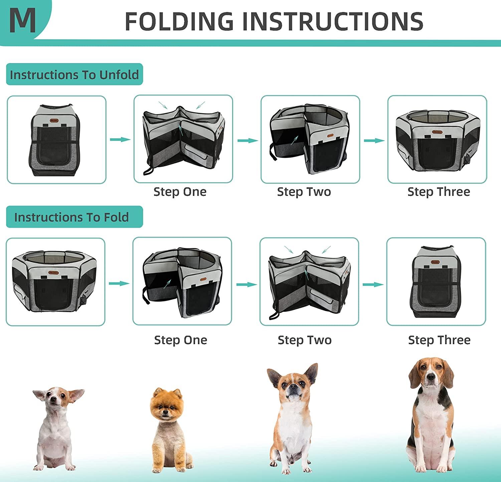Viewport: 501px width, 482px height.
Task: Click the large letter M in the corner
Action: [x=22, y=20]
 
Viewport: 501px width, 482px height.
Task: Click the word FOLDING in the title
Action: [x=179, y=21]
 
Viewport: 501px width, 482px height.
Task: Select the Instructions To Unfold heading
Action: [x=74, y=74]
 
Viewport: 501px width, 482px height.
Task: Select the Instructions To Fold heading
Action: [x=71, y=217]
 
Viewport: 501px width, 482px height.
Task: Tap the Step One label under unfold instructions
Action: [x=180, y=192]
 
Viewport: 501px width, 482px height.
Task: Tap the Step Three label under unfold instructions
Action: [x=439, y=192]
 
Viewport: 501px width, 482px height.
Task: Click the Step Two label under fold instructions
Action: [x=305, y=340]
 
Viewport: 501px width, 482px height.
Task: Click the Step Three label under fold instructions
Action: [x=439, y=340]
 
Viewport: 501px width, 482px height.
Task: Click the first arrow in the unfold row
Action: [x=120, y=140]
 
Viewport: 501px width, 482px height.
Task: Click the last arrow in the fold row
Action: [x=373, y=284]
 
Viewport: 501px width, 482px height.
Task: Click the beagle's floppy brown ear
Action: [x=414, y=376]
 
